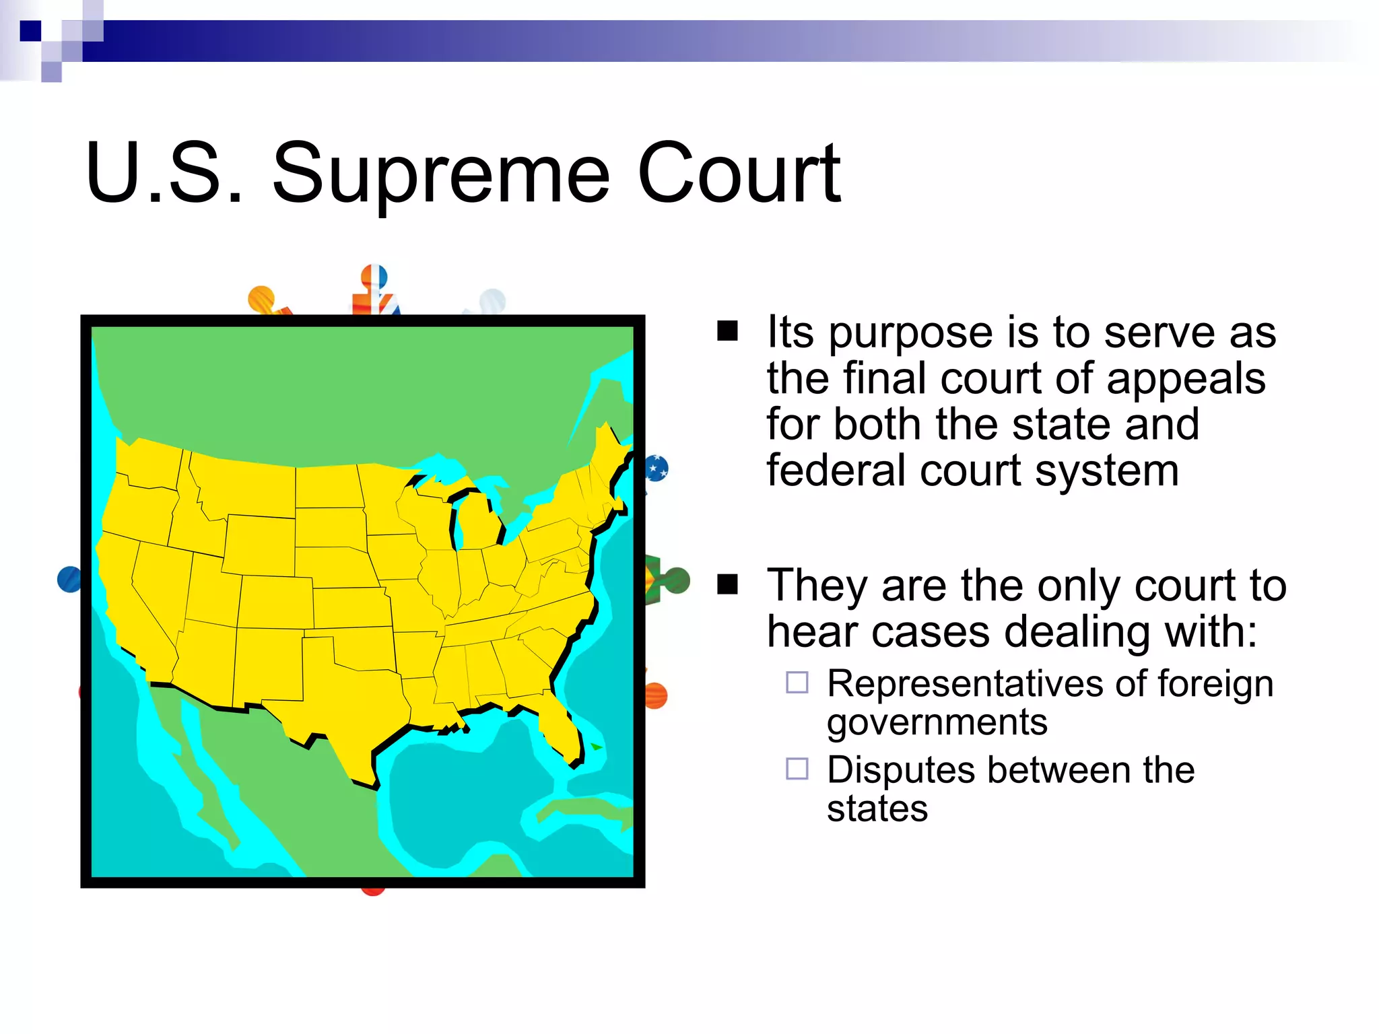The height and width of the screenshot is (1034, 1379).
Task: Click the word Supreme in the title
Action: pos(441,174)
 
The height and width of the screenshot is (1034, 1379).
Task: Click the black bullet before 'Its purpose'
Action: pos(727,331)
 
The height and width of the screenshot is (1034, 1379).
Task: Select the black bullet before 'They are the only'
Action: pos(727,584)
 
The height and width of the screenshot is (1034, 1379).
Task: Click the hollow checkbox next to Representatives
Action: pos(797,683)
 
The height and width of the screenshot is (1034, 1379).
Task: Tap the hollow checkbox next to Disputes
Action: pos(797,768)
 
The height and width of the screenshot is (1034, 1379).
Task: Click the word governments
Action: pos(937,722)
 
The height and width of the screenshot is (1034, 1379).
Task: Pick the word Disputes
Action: pos(900,769)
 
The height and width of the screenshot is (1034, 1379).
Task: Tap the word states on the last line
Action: pos(877,808)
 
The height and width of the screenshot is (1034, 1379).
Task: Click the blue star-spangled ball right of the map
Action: pos(657,467)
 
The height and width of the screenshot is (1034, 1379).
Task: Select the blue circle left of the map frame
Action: pos(69,579)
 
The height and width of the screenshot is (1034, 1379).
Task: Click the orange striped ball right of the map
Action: pos(655,695)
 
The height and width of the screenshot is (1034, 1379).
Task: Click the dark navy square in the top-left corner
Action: pos(30,31)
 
